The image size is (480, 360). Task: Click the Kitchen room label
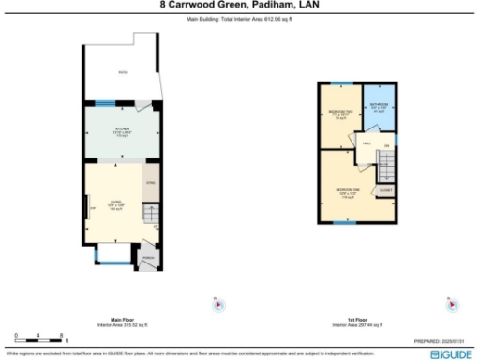click(x=122, y=128)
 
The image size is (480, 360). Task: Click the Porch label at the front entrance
click(x=147, y=256)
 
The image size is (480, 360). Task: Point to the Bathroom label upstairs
click(x=379, y=105)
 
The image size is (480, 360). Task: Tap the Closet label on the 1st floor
click(x=384, y=189)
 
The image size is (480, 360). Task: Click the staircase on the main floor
click(x=150, y=217)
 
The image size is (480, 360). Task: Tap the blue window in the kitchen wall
click(x=100, y=103)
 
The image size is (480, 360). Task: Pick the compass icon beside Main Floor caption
click(x=216, y=304)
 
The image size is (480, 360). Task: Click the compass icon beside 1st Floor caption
click(x=451, y=304)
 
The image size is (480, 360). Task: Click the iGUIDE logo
click(x=452, y=354)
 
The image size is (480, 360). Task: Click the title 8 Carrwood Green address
click(x=239, y=5)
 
